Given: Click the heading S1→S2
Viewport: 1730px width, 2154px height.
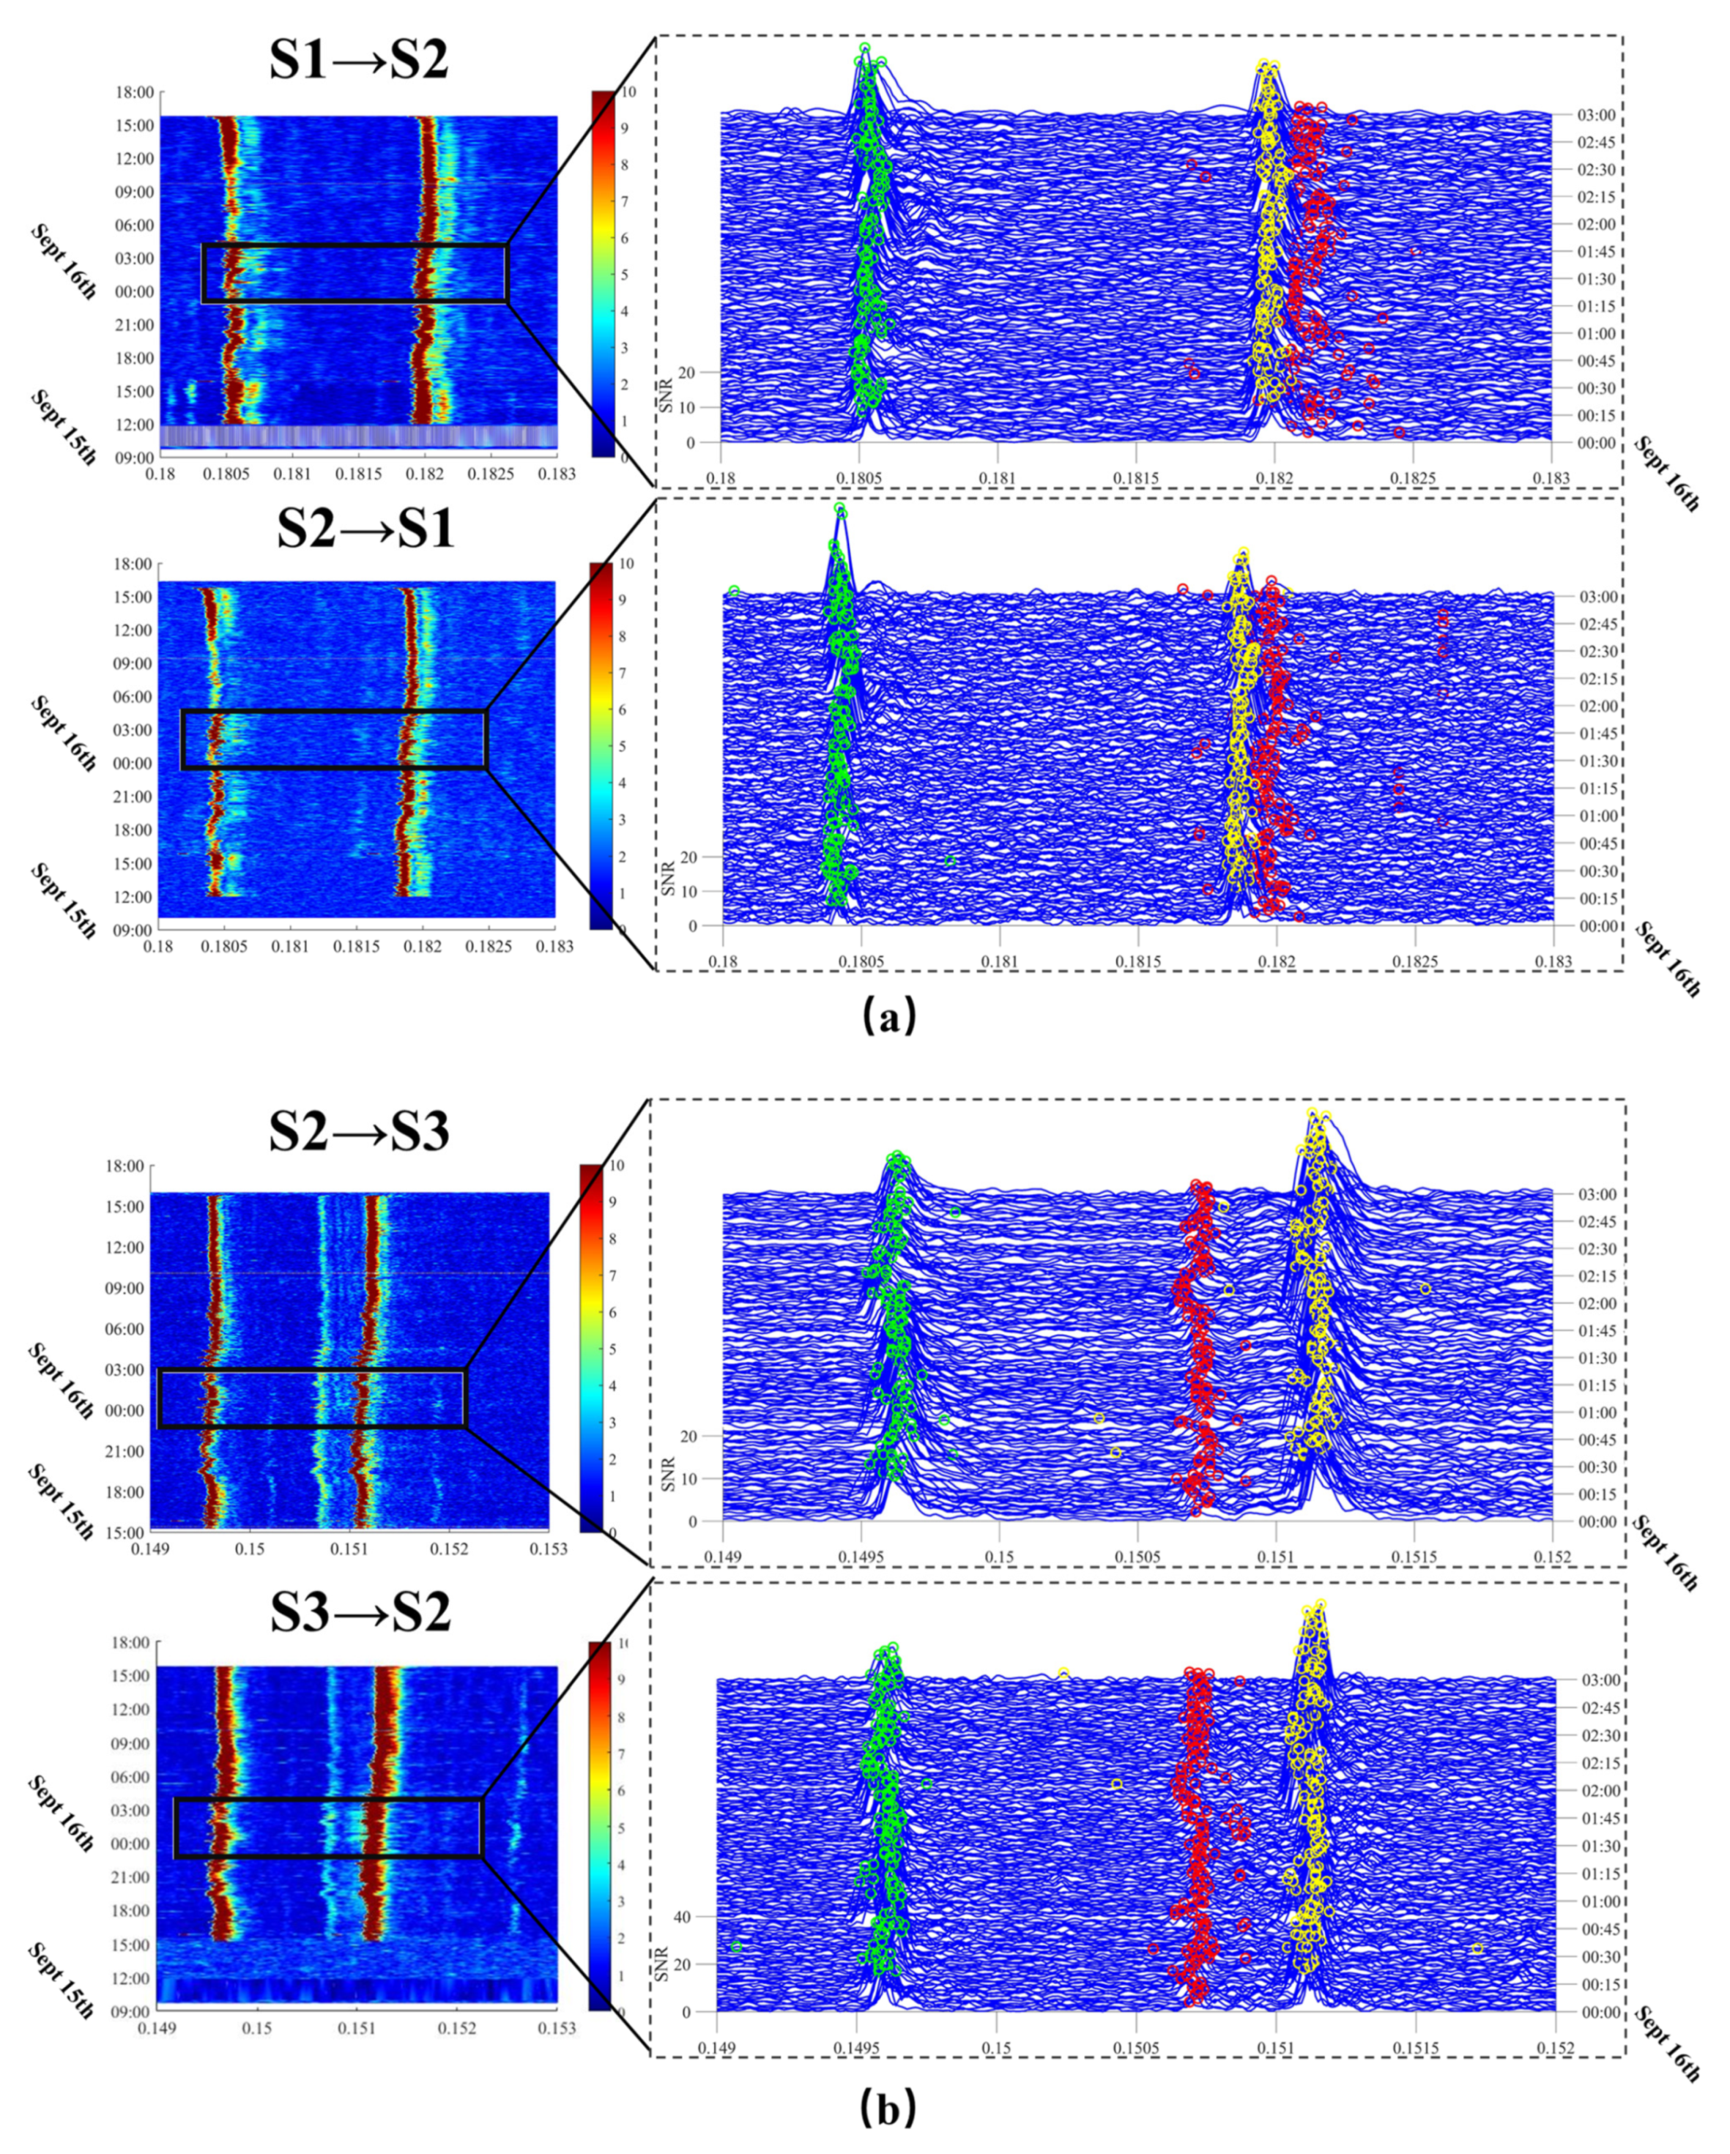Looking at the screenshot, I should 359,60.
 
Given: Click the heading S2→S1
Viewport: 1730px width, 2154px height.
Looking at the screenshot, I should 365,527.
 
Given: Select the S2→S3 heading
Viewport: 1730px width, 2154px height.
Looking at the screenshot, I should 360,1132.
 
